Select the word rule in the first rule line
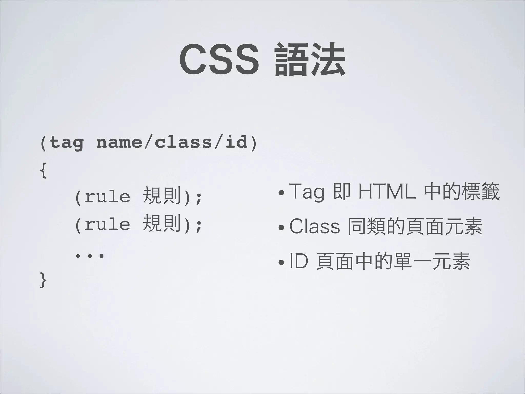coord(107,197)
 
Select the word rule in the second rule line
coord(107,224)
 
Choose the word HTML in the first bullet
coord(387,192)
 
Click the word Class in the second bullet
coord(315,227)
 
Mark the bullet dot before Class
coord(281,228)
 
